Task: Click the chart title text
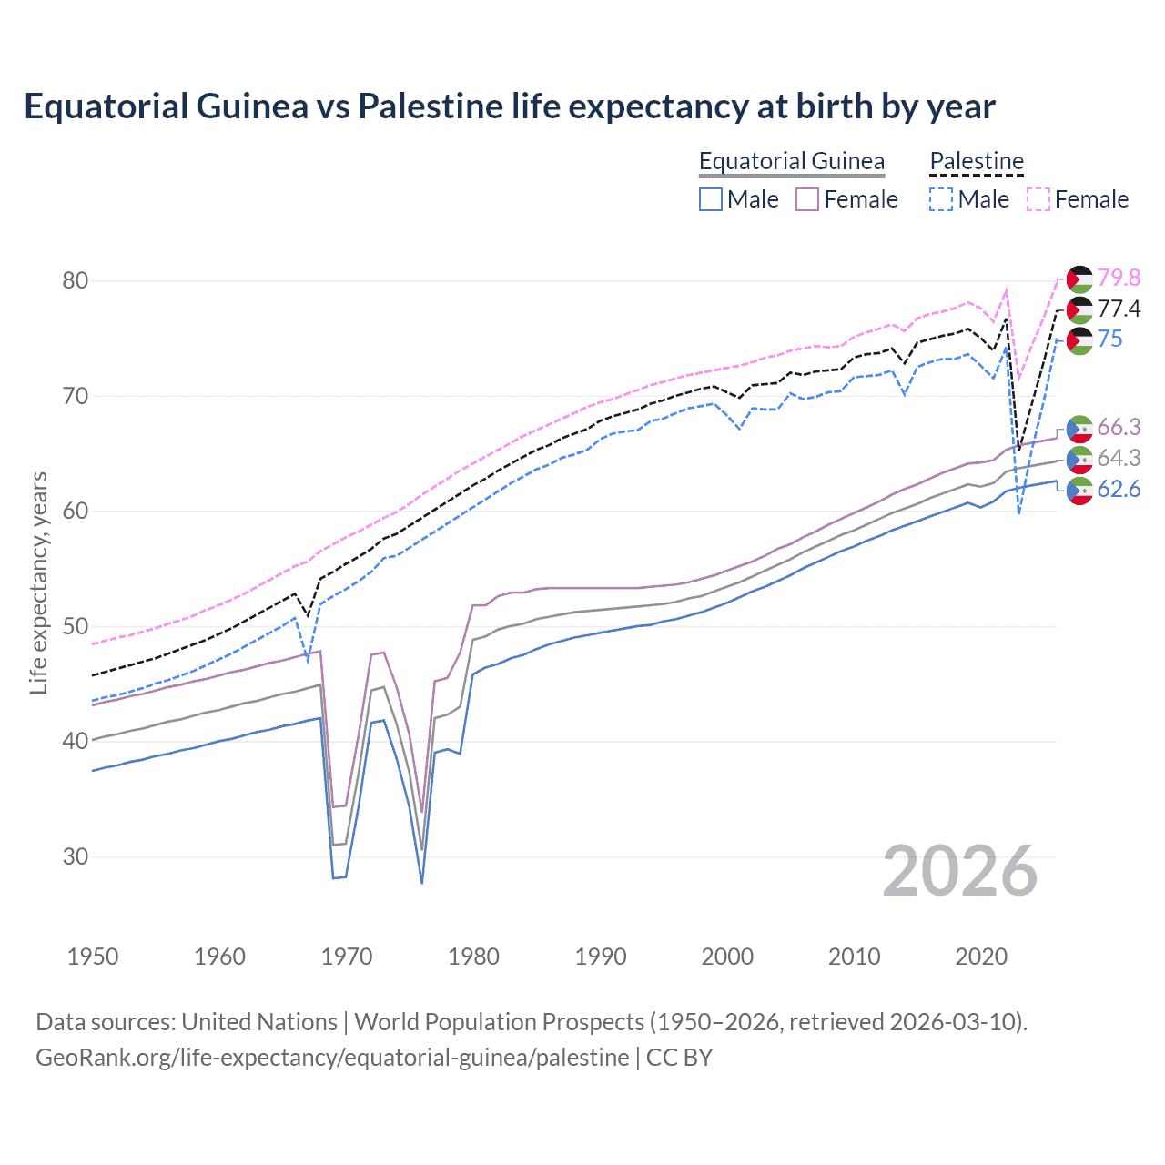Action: (x=510, y=106)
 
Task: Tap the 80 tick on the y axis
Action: (x=76, y=280)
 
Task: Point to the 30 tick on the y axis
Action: (x=76, y=856)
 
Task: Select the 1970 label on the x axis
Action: (x=347, y=957)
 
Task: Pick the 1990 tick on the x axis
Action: (x=601, y=957)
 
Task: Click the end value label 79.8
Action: (x=1119, y=278)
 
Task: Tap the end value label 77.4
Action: (x=1119, y=309)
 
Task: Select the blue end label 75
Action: (x=1109, y=339)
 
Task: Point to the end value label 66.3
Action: (x=1119, y=427)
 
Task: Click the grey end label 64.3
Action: (x=1119, y=458)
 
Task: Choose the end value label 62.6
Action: (x=1119, y=489)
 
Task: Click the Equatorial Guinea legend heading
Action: (x=791, y=161)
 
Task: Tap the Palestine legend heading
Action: (x=977, y=161)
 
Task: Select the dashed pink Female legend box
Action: (x=1038, y=199)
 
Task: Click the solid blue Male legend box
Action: (x=711, y=199)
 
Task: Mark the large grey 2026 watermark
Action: (x=960, y=871)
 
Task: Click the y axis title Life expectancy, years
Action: (x=38, y=582)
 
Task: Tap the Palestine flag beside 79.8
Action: (x=1079, y=279)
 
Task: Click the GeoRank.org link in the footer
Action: (x=332, y=1058)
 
